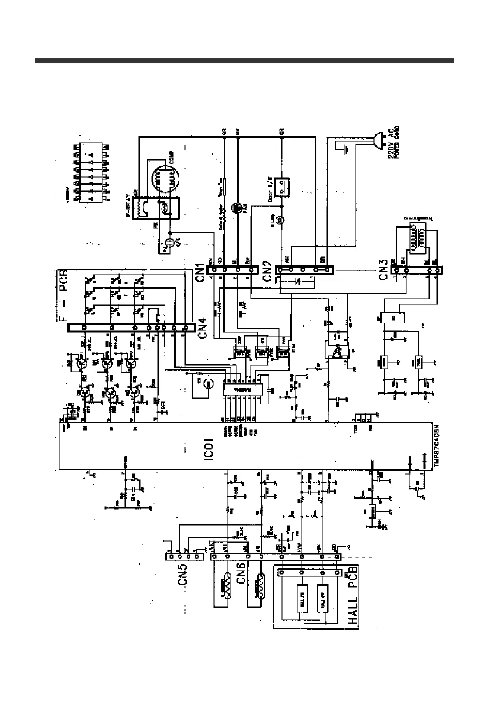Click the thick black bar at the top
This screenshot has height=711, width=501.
244,60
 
